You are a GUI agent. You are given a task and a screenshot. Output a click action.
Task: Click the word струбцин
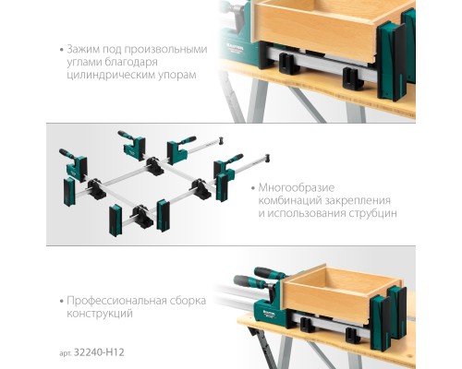pyautogui.click(x=373, y=213)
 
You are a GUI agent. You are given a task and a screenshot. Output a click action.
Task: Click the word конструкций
pyautogui.click(x=100, y=314)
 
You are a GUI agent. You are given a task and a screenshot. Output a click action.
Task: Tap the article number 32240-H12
pyautogui.click(x=99, y=352)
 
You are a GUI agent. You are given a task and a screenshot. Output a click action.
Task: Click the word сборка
pyautogui.click(x=188, y=301)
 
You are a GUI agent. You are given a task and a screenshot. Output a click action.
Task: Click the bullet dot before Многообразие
pyautogui.click(x=253, y=188)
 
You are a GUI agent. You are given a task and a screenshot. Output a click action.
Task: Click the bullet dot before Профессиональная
pyautogui.click(x=62, y=301)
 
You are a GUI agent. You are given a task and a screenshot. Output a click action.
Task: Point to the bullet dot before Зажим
pyautogui.click(x=62, y=50)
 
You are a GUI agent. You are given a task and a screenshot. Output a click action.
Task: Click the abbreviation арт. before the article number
pyautogui.click(x=66, y=353)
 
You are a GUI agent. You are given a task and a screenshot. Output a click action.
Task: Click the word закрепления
pyautogui.click(x=358, y=200)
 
